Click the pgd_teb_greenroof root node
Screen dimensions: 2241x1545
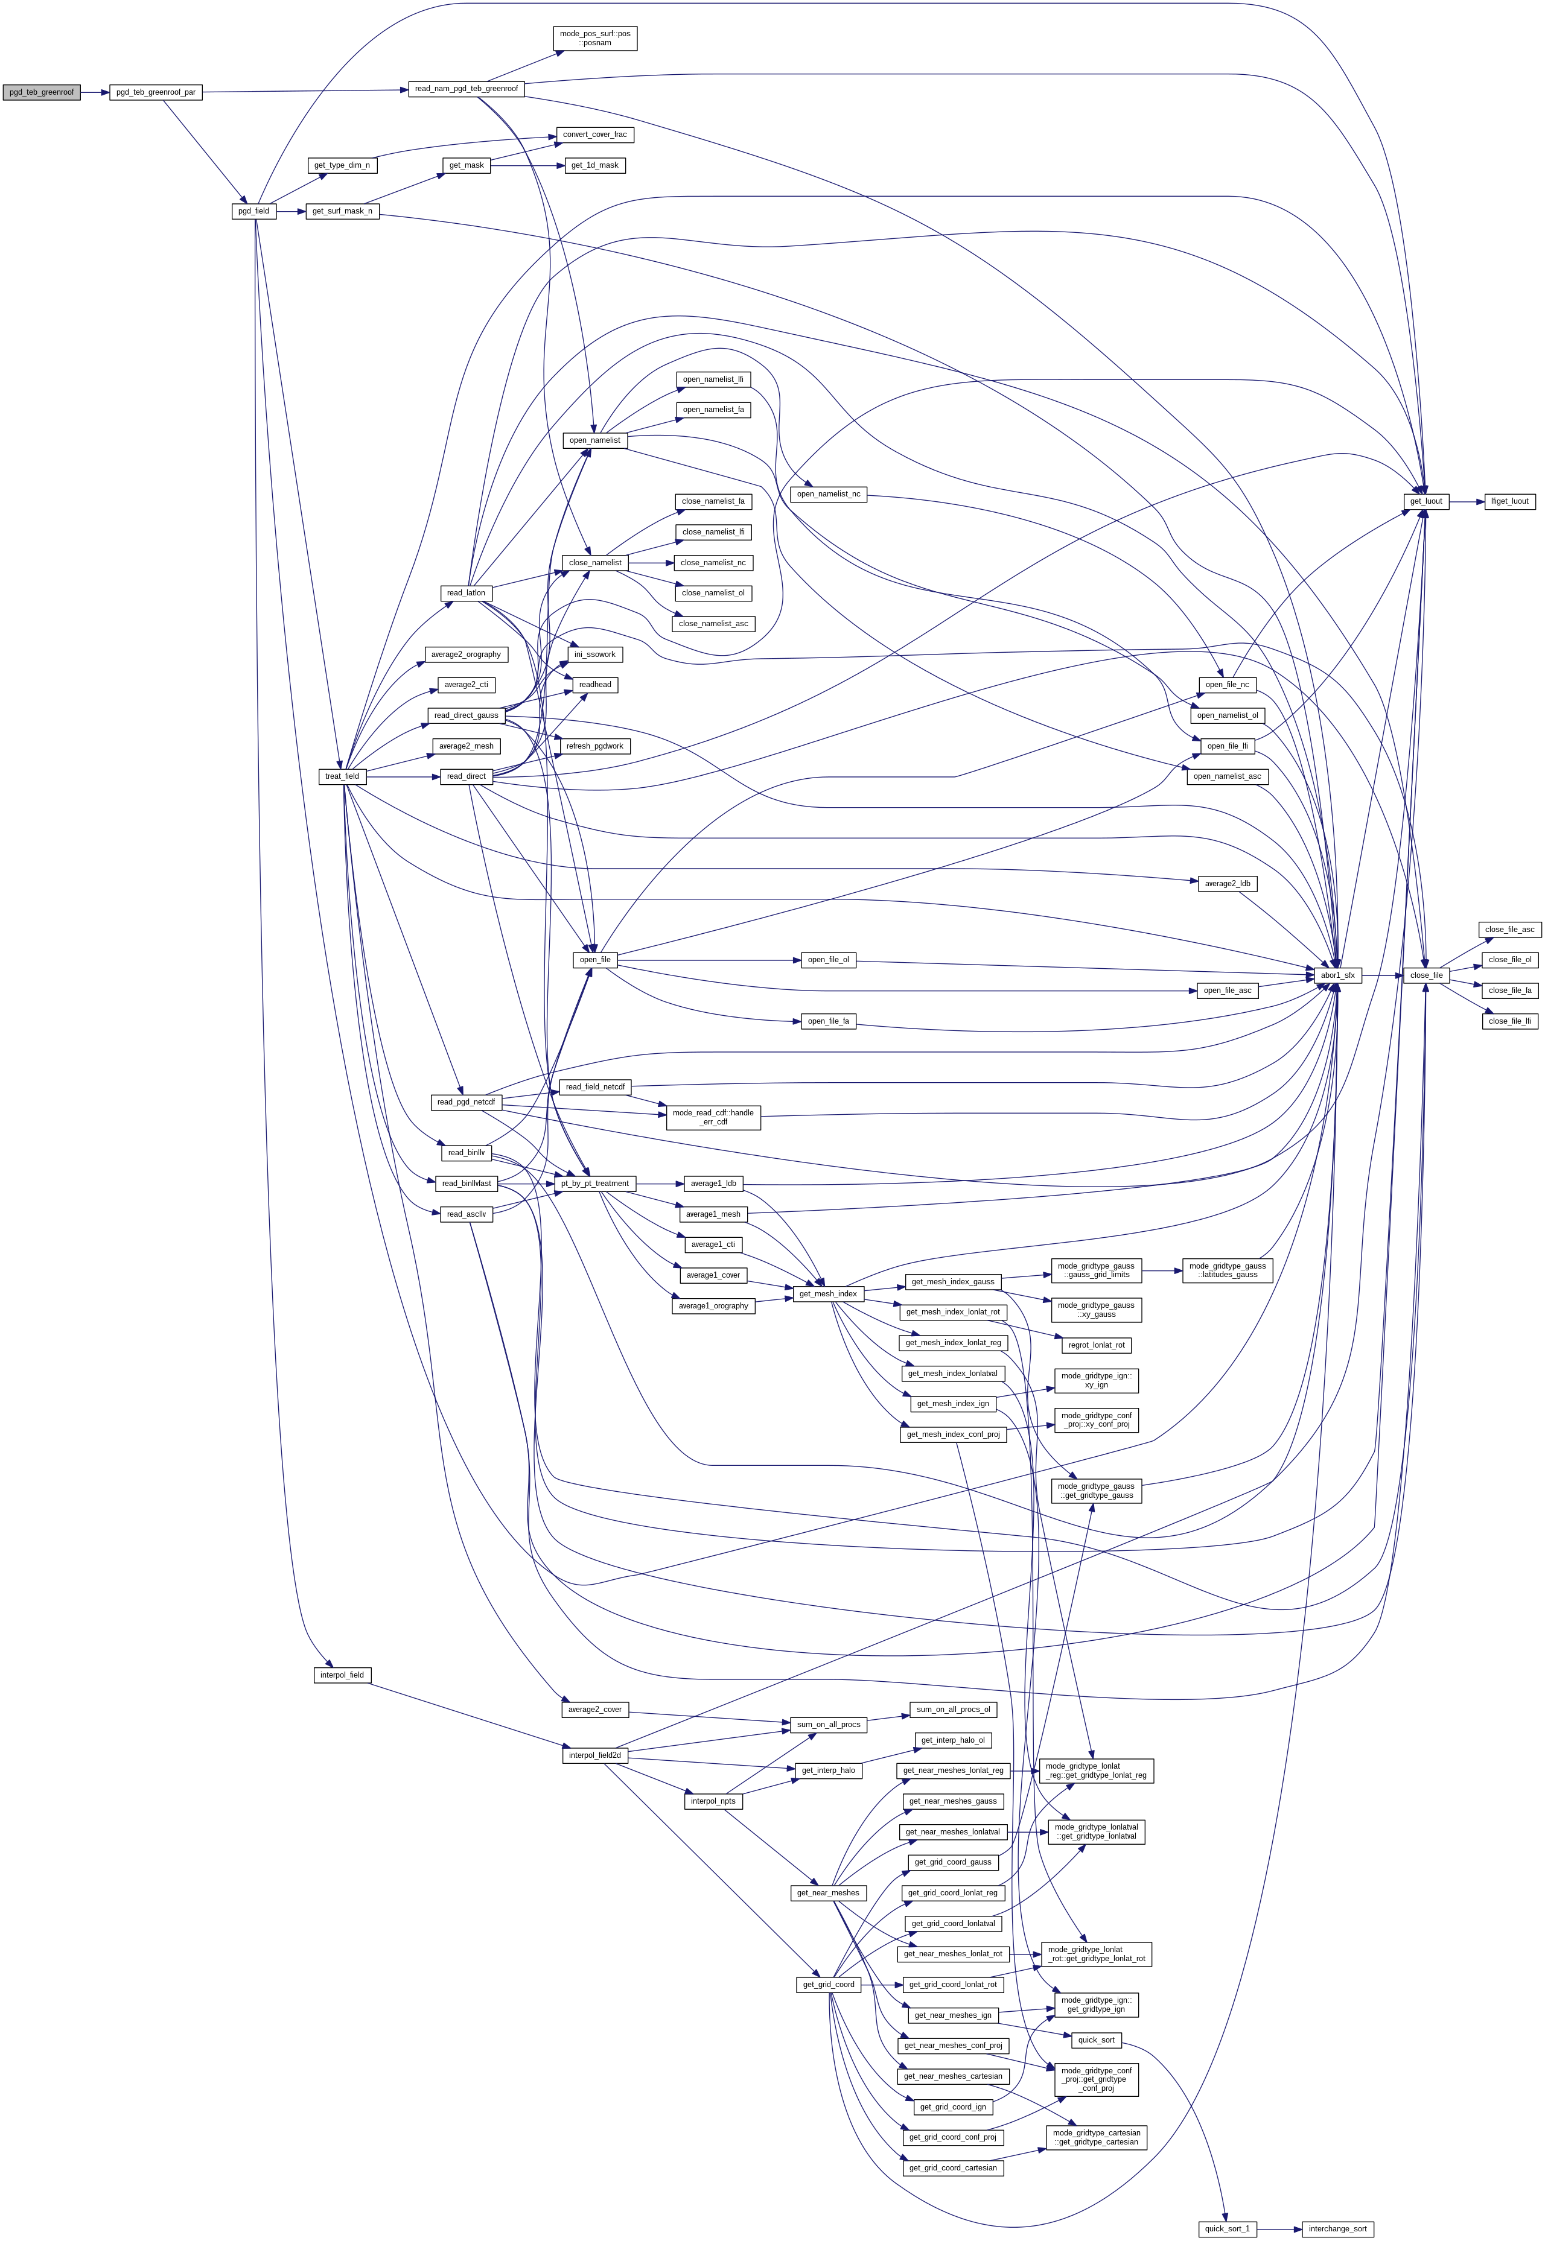(x=40, y=92)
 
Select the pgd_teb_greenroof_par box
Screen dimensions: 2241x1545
(x=155, y=92)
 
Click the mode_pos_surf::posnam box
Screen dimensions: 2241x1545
(x=594, y=39)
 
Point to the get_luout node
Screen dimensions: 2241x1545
(x=1426, y=501)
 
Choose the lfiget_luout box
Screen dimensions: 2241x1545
(x=1509, y=501)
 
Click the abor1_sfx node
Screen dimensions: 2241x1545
(x=1338, y=975)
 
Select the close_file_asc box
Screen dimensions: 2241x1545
(x=1509, y=929)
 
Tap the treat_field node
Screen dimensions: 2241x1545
(x=342, y=776)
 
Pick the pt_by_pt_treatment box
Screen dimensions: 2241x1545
(x=594, y=1184)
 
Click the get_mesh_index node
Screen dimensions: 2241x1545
(x=827, y=1294)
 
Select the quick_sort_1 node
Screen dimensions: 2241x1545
(x=1226, y=2228)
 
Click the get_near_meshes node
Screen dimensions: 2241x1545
(x=827, y=1893)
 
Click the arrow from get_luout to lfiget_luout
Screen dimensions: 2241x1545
(x=1467, y=501)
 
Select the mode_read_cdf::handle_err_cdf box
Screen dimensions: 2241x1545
(x=713, y=1118)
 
